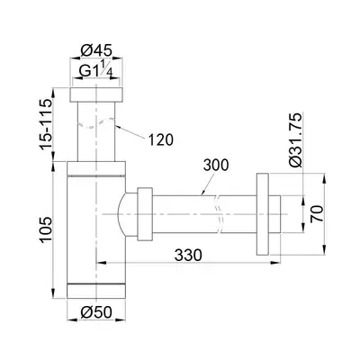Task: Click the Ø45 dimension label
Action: point(96,49)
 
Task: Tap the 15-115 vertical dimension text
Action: point(45,124)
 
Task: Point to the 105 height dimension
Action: point(45,230)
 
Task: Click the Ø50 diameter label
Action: point(96,312)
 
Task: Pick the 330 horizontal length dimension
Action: point(188,256)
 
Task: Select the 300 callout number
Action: point(216,166)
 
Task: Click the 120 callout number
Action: point(161,139)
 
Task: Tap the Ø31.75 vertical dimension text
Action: point(295,139)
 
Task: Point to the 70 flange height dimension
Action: point(317,213)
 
